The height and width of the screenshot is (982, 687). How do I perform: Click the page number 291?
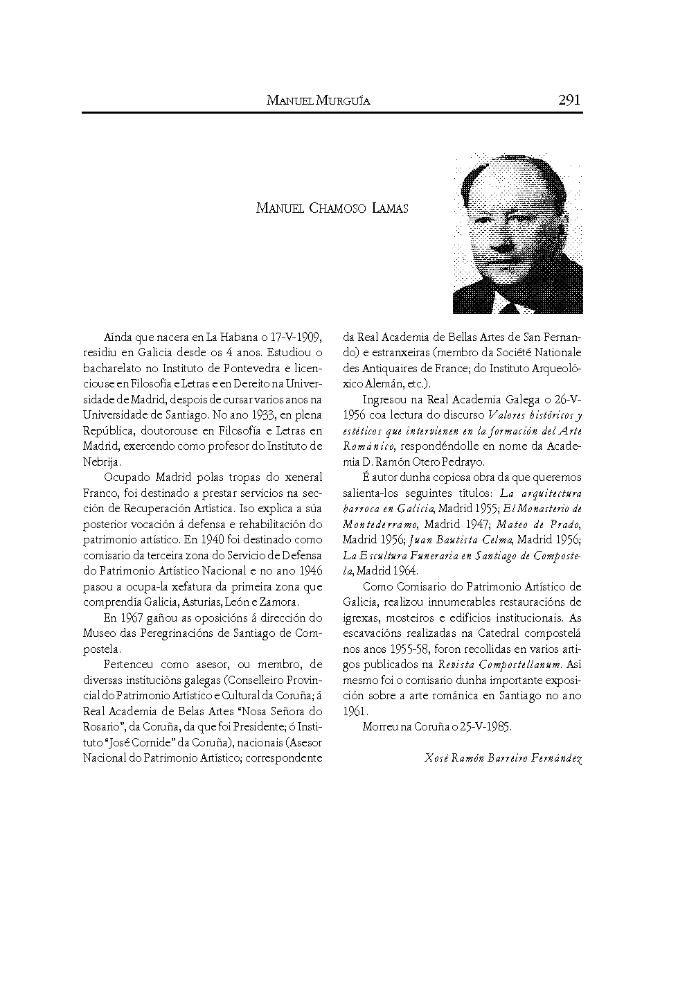tap(569, 100)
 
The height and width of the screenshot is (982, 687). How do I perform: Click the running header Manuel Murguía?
tap(319, 101)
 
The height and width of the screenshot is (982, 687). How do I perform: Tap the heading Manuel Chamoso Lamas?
tap(332, 208)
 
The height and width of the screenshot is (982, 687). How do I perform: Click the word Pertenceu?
tap(130, 665)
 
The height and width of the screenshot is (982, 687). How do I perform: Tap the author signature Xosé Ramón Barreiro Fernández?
tap(503, 758)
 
